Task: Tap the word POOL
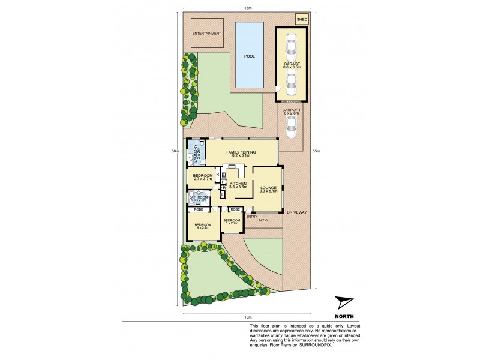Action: click(249, 56)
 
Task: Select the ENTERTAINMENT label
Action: click(206, 33)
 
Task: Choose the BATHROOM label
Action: click(198, 197)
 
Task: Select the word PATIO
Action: click(263, 221)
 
